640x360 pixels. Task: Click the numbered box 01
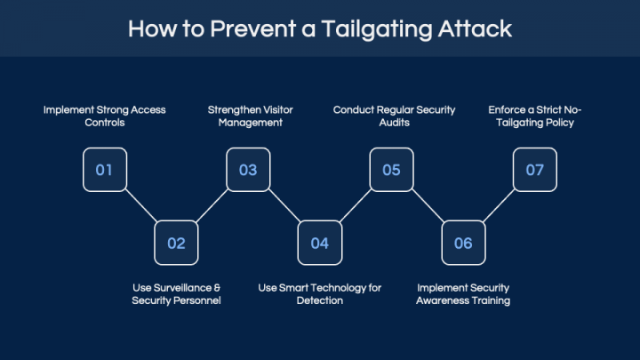coord(105,170)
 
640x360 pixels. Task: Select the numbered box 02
coord(176,243)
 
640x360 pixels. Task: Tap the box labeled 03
coord(248,170)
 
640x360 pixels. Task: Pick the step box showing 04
coord(320,243)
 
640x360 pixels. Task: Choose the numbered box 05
coord(391,170)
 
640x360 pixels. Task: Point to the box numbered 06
coord(463,243)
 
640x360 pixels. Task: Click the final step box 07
coord(534,170)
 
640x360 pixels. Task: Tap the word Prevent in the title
coord(244,28)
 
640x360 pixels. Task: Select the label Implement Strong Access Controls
coord(105,116)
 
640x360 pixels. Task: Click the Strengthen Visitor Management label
coord(250,116)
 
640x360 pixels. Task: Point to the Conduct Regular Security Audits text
coord(394,116)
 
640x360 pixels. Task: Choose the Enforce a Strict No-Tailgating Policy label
coord(534,116)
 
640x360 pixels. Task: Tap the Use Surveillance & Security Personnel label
coord(176,294)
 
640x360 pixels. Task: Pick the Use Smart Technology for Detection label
coord(320,294)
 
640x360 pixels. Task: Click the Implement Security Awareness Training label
coord(463,294)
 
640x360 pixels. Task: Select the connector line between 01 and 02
coord(140,206)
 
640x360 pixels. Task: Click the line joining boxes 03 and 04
coord(284,206)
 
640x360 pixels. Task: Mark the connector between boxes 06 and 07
coord(499,206)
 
